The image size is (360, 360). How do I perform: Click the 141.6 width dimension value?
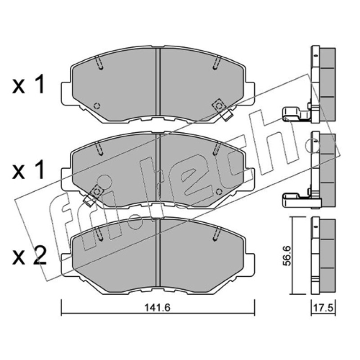(x=157, y=308)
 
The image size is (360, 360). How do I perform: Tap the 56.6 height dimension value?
(x=287, y=256)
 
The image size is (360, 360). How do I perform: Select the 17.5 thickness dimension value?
(x=323, y=308)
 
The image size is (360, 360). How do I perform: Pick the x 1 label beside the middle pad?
(x=28, y=170)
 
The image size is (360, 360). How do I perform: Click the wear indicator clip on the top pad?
(x=222, y=109)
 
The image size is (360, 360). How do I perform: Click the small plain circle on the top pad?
(x=97, y=106)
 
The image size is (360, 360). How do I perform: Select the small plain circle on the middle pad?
(x=219, y=191)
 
